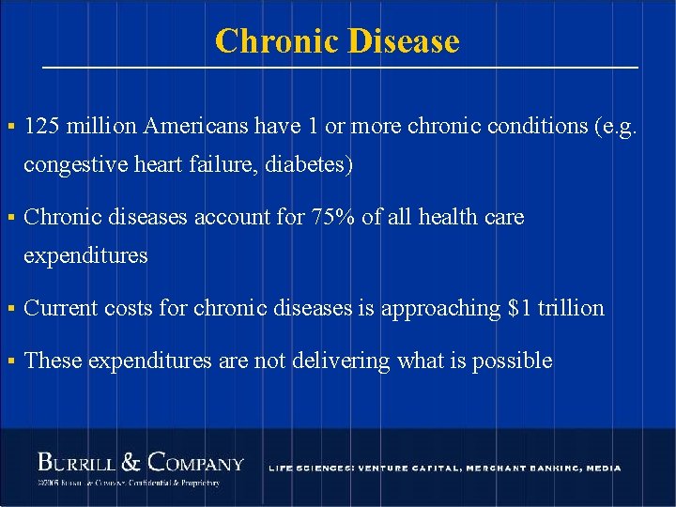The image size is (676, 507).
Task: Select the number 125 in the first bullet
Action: (40, 126)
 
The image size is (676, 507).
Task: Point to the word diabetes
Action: (309, 165)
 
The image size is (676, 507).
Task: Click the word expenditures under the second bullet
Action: (85, 255)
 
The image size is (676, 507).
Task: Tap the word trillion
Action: (571, 307)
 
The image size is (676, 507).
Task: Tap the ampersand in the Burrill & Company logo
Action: (132, 462)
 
